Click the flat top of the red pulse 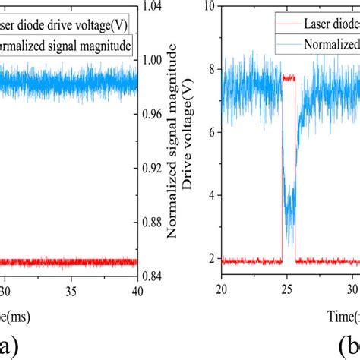[289, 78]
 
